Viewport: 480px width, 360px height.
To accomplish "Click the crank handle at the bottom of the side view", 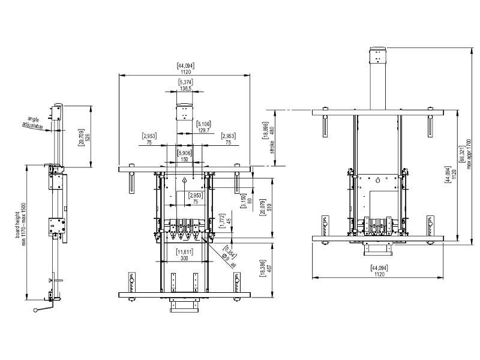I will coord(44,309).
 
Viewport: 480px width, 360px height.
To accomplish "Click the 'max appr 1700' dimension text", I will coord(469,149).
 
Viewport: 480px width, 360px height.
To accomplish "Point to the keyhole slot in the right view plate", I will coord(378,180).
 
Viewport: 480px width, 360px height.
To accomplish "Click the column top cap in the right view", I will coord(378,47).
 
